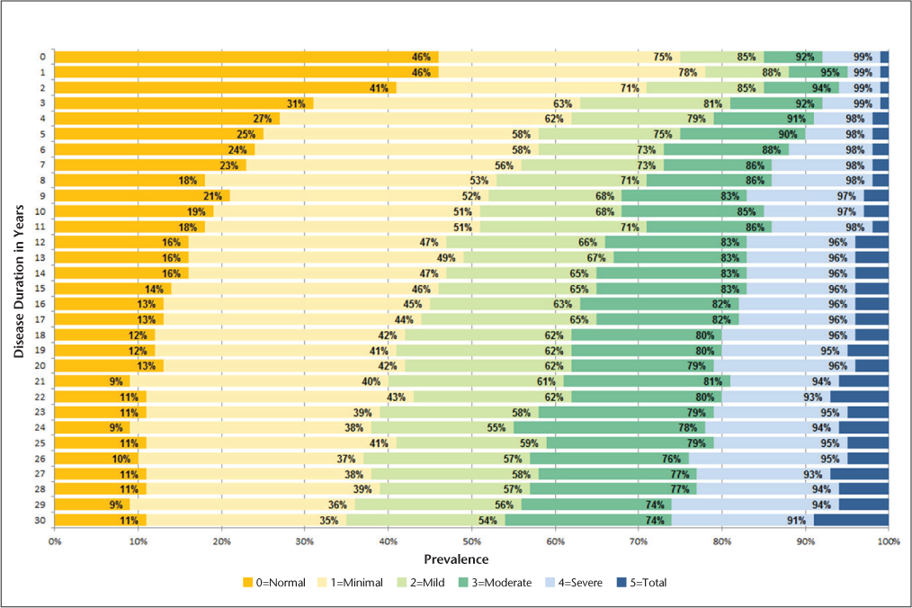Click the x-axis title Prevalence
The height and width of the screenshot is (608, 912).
471,559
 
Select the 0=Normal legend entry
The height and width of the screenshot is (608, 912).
275,583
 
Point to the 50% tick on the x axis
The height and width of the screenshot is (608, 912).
471,541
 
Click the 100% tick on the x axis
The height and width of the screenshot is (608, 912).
888,541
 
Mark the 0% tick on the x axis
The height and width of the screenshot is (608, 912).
55,541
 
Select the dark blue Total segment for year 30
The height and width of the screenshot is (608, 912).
851,520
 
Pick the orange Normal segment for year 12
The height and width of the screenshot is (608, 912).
121,242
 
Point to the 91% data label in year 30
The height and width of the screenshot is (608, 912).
796,520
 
